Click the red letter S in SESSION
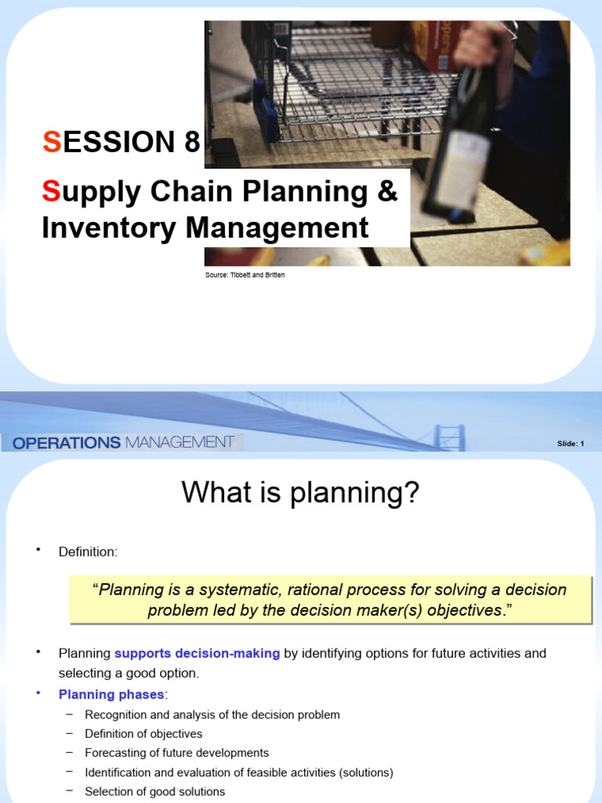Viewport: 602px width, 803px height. coord(51,143)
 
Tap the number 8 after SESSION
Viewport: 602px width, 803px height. coord(191,143)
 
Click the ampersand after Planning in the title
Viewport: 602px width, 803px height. coord(387,191)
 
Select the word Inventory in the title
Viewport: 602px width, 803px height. coord(109,227)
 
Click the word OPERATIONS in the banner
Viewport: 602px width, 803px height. coord(67,442)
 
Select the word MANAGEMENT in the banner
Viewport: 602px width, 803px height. coord(179,442)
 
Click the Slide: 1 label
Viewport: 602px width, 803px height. coord(570,444)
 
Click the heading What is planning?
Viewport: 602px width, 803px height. coord(301,493)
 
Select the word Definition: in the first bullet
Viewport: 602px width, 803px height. coord(88,552)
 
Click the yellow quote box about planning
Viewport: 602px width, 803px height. coord(329,600)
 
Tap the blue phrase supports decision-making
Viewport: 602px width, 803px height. coord(197,653)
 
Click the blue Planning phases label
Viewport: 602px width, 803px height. coord(111,694)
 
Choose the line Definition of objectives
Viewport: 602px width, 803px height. coord(143,733)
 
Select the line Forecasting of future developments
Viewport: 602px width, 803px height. coord(176,753)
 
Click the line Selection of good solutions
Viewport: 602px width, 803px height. coord(154,791)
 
